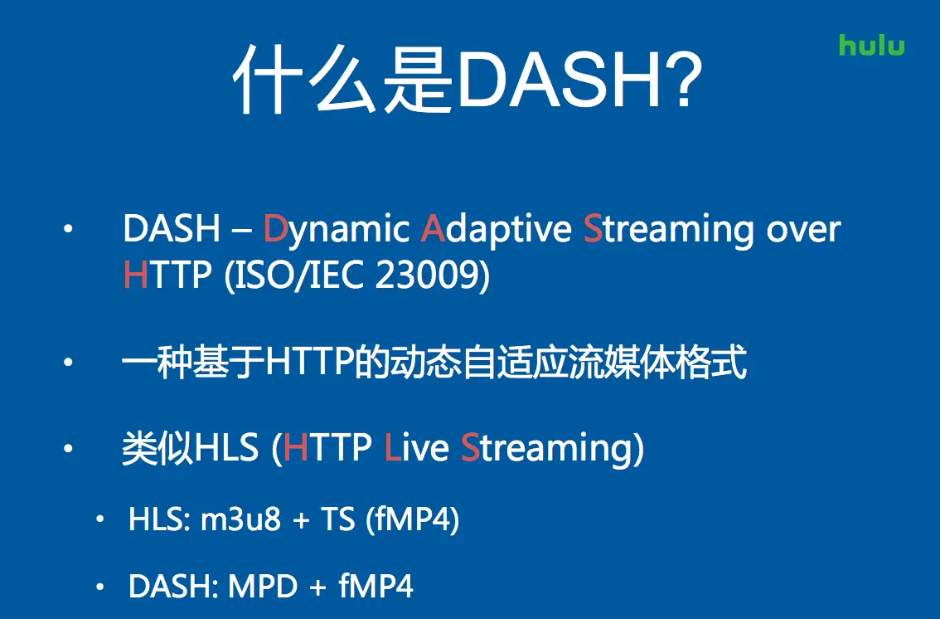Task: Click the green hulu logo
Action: tap(872, 45)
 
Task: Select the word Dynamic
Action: tap(337, 231)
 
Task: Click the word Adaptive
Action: tap(497, 231)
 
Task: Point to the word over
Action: tap(803, 231)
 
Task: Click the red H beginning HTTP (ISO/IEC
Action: tap(135, 275)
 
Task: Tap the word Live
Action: tap(416, 447)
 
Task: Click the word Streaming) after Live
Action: tap(552, 449)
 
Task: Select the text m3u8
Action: tap(240, 519)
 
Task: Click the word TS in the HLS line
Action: tap(338, 519)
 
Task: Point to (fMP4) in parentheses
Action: tap(413, 520)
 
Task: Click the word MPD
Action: tap(263, 586)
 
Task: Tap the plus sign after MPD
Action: tap(317, 587)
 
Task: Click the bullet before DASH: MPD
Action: tap(99, 587)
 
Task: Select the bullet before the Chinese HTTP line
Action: tap(68, 362)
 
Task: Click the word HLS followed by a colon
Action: tap(159, 519)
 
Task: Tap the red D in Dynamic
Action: tap(276, 228)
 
